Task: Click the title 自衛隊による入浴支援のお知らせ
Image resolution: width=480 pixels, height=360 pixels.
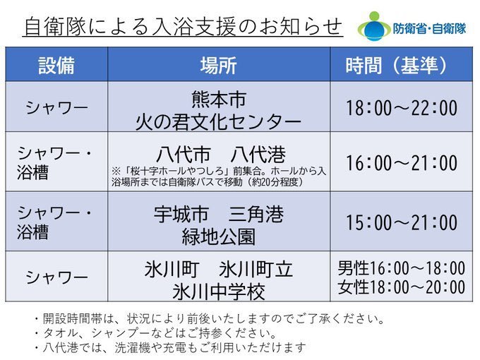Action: (183, 27)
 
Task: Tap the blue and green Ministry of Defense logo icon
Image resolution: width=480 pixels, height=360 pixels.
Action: (374, 27)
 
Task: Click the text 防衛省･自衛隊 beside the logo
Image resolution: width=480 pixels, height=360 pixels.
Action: (429, 29)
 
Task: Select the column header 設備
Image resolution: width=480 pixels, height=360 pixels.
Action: (56, 65)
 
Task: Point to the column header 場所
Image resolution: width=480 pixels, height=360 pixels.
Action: (219, 65)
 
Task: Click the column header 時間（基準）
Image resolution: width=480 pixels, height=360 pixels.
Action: (397, 65)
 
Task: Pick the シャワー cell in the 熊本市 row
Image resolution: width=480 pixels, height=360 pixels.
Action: (56, 108)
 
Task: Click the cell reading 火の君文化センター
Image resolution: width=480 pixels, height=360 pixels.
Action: (218, 122)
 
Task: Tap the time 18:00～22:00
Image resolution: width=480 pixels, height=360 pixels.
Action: (402, 108)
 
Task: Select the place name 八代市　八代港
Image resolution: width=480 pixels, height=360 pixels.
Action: (221, 154)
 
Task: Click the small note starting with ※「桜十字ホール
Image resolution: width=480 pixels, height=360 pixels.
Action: (219, 176)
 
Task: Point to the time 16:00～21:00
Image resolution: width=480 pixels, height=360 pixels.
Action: (402, 162)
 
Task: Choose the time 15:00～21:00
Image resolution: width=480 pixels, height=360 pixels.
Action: (402, 222)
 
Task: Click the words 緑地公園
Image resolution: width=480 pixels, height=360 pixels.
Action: (219, 236)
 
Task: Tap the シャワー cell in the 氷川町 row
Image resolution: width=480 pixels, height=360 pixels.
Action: (56, 277)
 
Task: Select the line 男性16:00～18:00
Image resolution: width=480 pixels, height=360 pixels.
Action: (402, 268)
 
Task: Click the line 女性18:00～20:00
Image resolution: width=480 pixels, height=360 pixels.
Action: (402, 287)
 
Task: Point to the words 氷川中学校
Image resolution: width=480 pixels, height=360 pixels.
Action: (219, 292)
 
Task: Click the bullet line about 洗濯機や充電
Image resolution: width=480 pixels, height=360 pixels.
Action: (170, 347)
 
